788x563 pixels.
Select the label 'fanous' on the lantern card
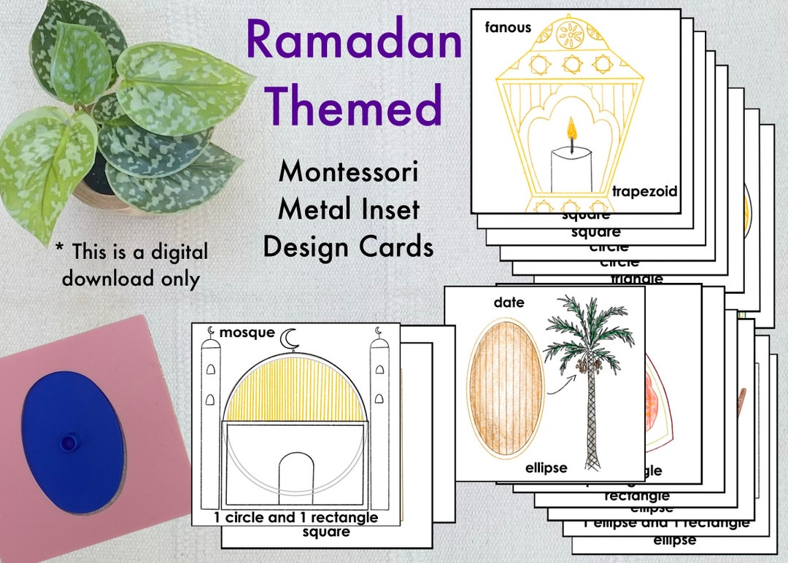click(x=508, y=28)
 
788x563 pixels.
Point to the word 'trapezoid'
click(x=645, y=192)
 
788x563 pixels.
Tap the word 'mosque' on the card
click(x=247, y=333)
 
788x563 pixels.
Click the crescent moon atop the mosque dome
click(x=290, y=338)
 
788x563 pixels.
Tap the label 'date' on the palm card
click(x=509, y=302)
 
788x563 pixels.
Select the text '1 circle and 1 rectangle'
click(x=295, y=518)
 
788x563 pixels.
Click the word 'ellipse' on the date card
click(x=546, y=467)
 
